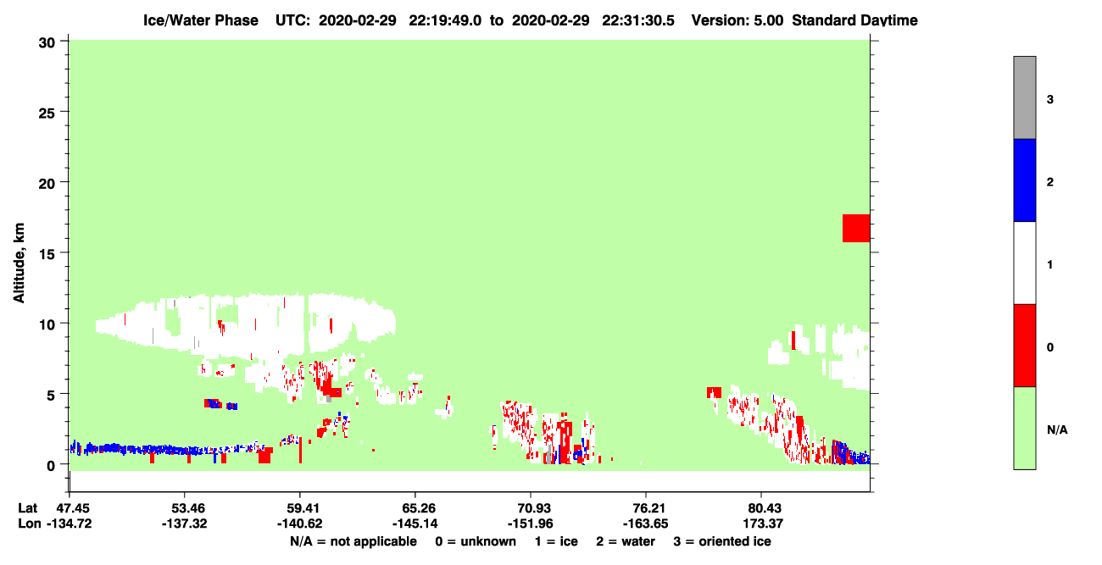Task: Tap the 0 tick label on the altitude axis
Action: [x=51, y=466]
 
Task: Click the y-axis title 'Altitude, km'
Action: [x=19, y=263]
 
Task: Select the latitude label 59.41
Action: [x=300, y=508]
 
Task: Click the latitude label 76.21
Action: [x=646, y=508]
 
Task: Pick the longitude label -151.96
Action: [x=531, y=523]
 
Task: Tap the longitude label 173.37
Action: [x=763, y=523]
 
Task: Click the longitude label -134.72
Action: [x=70, y=523]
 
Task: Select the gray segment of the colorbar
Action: [x=1025, y=97]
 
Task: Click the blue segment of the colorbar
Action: [x=1025, y=180]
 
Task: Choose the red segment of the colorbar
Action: [x=1025, y=346]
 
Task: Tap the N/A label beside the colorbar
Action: [x=1057, y=430]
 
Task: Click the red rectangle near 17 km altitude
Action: [x=856, y=228]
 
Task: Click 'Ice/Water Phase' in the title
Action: [x=201, y=20]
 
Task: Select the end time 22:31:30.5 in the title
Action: [x=638, y=20]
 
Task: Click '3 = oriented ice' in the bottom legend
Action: [x=722, y=541]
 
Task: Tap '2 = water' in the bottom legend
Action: [x=626, y=541]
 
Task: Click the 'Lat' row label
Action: [x=27, y=508]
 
